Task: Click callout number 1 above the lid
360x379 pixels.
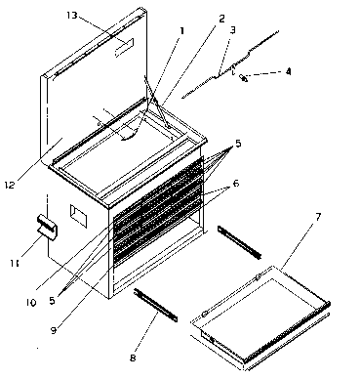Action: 180,30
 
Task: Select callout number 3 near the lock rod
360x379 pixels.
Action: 232,30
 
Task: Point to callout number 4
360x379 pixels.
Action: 288,70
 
